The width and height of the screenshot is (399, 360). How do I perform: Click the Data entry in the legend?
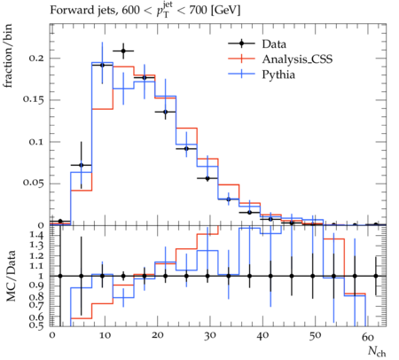(274, 44)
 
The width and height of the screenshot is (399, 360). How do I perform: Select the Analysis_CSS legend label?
(297, 59)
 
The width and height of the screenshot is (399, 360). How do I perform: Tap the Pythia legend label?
(278, 74)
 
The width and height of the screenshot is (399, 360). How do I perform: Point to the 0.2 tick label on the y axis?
(36, 58)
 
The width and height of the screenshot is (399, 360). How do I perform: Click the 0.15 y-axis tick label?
(33, 99)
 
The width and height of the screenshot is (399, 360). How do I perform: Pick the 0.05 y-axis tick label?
(33, 183)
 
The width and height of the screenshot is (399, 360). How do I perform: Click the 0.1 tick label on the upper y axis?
(36, 142)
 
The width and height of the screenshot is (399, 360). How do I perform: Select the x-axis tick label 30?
(209, 336)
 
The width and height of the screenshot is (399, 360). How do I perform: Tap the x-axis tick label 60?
(367, 337)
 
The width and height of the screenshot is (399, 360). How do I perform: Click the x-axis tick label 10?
(105, 336)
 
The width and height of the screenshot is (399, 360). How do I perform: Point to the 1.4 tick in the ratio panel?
(37, 236)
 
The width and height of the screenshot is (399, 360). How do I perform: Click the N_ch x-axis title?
(377, 351)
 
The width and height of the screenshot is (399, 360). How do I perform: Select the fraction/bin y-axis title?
(8, 56)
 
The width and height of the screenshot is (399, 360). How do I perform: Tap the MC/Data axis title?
(11, 276)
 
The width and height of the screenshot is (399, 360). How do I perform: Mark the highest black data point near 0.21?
(123, 51)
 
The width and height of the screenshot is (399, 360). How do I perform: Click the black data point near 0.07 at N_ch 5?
(82, 165)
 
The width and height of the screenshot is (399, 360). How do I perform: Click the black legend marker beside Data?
(241, 43)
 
